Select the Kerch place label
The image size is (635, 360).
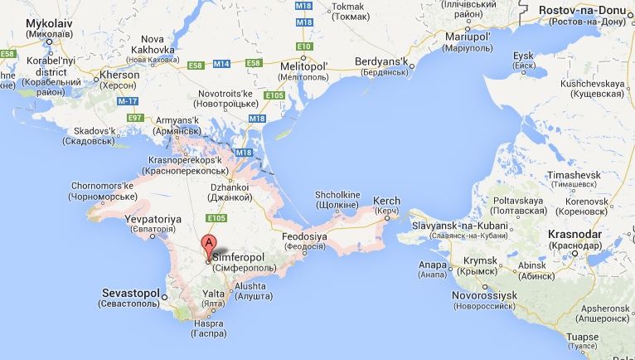[x=386, y=201]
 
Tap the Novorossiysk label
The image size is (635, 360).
[x=485, y=295]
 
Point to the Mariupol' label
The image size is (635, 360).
[x=468, y=37]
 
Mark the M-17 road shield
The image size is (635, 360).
[x=128, y=100]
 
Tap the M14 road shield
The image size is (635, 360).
[x=221, y=64]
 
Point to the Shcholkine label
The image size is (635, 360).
[x=337, y=195]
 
